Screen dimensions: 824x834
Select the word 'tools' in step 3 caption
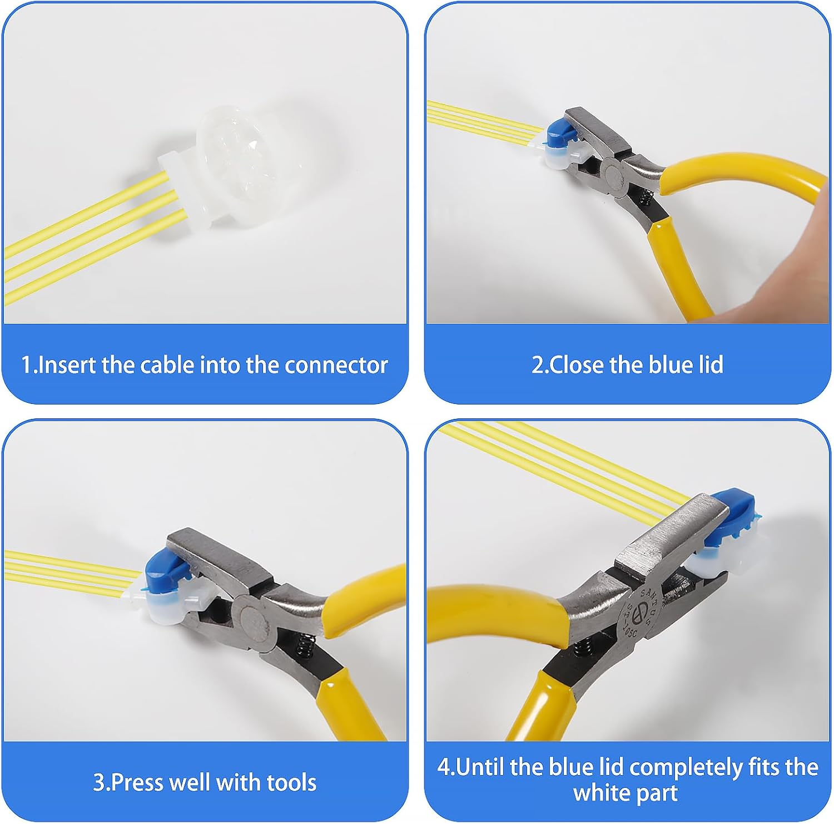(x=291, y=782)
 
